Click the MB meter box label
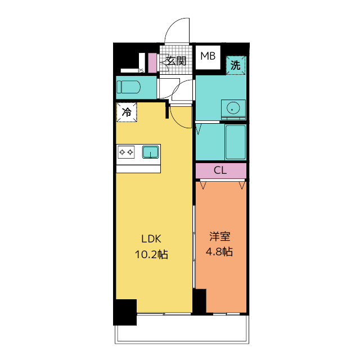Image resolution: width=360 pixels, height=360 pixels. [x=208, y=56]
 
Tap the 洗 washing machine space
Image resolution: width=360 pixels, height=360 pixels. [x=236, y=65]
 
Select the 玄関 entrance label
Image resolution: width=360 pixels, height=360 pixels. [x=176, y=61]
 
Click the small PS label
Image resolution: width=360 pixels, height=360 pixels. [x=141, y=71]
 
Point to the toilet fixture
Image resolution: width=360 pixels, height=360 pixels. [x=129, y=87]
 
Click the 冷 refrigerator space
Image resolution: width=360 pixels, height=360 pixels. [x=127, y=112]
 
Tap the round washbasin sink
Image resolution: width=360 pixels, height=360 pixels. [x=233, y=107]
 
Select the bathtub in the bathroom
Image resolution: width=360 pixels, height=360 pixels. [x=235, y=142]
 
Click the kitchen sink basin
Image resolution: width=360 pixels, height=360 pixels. [x=150, y=152]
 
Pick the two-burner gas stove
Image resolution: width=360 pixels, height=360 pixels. [x=126, y=152]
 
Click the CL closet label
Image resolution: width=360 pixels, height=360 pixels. [x=220, y=170]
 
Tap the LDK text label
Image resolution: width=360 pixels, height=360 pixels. [x=151, y=239]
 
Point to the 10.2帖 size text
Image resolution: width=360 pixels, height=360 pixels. [x=151, y=254]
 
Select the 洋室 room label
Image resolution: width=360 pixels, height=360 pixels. [x=220, y=236]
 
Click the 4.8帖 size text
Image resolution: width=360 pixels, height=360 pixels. [x=219, y=251]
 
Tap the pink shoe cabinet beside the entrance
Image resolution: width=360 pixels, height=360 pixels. [x=152, y=62]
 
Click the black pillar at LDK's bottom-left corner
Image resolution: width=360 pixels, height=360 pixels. [x=125, y=312]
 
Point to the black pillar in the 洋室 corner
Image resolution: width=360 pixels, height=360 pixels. [x=200, y=301]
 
